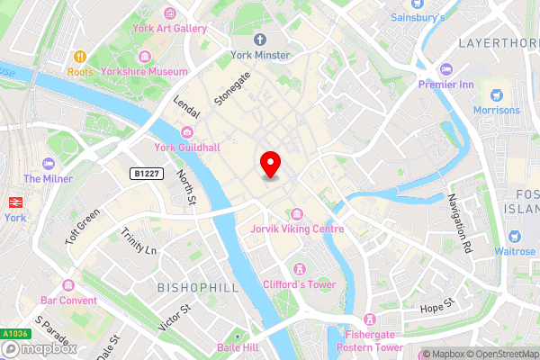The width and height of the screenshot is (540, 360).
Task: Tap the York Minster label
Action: pos(259,55)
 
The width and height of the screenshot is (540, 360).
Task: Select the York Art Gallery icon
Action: pos(171,13)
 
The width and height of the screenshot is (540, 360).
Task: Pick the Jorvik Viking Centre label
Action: pos(297,229)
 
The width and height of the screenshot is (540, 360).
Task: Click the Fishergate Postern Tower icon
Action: pos(368,319)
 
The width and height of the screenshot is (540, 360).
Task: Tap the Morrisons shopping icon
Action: pos(495,94)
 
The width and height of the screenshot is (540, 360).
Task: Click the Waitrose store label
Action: pos(513,251)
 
